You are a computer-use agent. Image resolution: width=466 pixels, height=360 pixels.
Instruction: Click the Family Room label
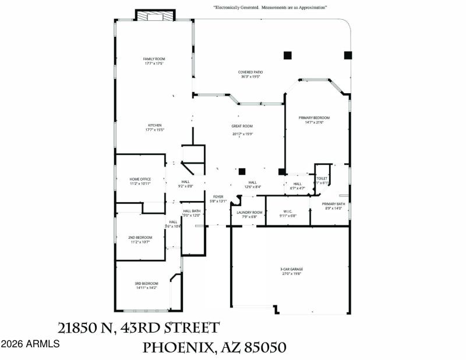point(155,59)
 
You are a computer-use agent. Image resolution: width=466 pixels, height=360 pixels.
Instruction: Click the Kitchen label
point(154,125)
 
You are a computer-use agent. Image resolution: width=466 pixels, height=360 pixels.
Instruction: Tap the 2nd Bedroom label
point(140,238)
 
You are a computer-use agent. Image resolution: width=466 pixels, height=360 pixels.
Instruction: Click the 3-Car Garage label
point(291,269)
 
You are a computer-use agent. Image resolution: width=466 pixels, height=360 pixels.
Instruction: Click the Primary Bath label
point(334,204)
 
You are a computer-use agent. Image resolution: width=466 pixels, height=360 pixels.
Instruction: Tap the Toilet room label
point(322,178)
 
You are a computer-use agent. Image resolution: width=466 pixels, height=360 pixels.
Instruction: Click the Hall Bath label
point(192,211)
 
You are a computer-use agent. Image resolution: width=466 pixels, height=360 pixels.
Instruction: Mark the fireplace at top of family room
point(155,16)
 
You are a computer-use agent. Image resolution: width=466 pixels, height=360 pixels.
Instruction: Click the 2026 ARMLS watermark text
point(30,344)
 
